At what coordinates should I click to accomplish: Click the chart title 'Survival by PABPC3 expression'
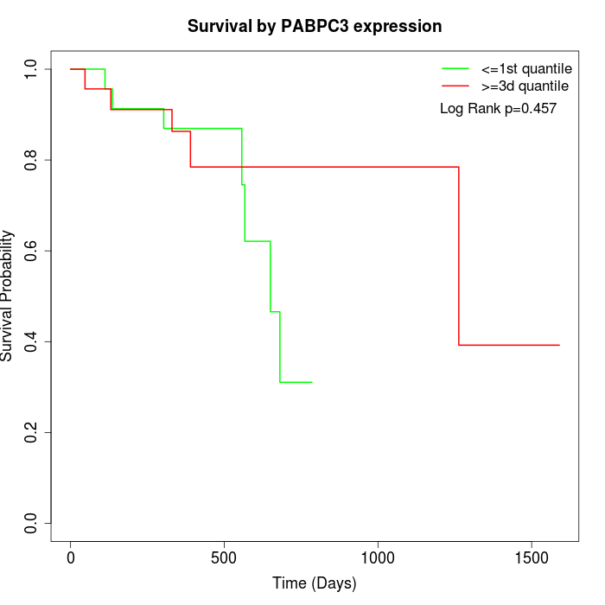click(315, 27)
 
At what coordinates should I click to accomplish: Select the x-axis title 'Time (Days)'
click(315, 583)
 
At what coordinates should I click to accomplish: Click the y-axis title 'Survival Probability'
click(8, 296)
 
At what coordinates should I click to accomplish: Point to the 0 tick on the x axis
click(71, 558)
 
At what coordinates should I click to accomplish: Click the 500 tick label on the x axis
click(225, 558)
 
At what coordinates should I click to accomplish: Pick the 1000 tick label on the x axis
click(378, 558)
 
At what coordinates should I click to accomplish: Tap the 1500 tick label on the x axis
click(531, 558)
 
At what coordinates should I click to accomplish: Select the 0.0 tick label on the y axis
click(31, 523)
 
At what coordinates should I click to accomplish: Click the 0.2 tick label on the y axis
click(31, 432)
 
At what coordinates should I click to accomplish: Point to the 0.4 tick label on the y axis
click(31, 341)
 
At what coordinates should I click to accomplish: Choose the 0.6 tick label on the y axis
click(31, 251)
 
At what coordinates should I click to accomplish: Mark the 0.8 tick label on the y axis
click(31, 160)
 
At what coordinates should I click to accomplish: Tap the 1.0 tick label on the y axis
click(31, 69)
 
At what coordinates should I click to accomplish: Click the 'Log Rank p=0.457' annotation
click(498, 109)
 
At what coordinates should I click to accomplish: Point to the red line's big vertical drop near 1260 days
click(458, 256)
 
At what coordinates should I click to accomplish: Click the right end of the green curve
click(311, 382)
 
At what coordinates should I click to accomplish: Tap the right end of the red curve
click(559, 345)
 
